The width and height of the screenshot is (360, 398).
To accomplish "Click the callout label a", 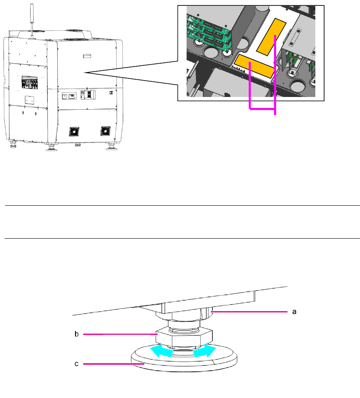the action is click(x=295, y=312).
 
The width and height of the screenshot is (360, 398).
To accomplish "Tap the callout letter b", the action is click(x=77, y=334).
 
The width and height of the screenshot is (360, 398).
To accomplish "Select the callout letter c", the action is click(x=77, y=363).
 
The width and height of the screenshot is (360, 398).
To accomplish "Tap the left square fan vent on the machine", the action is click(x=74, y=132).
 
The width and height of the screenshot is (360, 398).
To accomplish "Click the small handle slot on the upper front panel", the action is click(x=87, y=55).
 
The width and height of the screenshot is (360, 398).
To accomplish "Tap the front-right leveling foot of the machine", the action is click(x=112, y=146).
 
